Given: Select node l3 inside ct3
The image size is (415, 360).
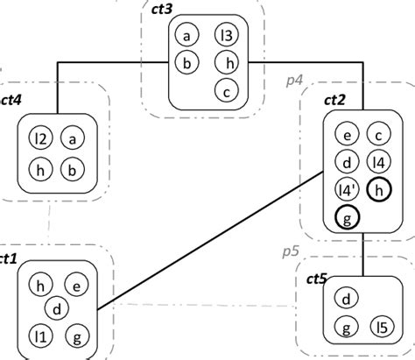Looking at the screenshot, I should pos(228,36).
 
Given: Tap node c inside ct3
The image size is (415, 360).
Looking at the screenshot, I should pos(227,88).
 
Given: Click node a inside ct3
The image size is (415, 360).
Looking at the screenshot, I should pos(186,36).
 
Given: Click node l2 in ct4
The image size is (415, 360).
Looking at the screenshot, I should pos(39,138).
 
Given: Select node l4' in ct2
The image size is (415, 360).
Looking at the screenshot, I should pos(348,189).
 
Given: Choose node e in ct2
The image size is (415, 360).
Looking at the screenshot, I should pos(348,135).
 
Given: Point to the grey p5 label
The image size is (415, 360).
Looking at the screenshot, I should pos(290,251).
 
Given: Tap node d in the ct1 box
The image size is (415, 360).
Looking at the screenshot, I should pos(57,308).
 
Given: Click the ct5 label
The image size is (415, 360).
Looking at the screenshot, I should pos(316,280).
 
